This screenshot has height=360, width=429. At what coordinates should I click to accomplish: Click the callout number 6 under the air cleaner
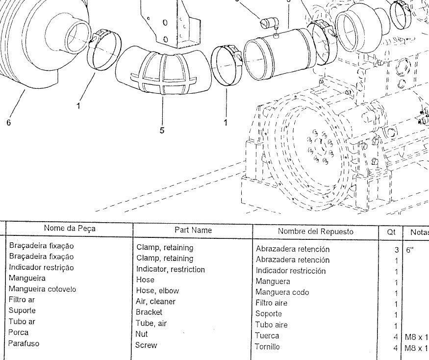click(8, 123)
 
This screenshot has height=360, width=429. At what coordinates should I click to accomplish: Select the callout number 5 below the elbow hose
click(162, 130)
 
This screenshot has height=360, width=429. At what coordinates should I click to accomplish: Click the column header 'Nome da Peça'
click(70, 228)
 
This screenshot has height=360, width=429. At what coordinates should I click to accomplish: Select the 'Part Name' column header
click(193, 230)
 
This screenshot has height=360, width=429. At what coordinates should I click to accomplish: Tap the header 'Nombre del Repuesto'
click(315, 231)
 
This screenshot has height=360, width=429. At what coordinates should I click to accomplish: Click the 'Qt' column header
click(391, 231)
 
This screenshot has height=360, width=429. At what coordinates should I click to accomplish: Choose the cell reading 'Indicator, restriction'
click(170, 269)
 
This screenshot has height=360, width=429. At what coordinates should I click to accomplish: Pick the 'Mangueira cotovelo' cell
click(42, 289)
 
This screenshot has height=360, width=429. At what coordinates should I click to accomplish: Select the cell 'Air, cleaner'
click(155, 302)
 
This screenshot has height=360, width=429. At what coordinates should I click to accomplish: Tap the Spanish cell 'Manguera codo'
click(282, 292)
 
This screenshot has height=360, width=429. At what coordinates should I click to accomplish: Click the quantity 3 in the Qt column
click(396, 250)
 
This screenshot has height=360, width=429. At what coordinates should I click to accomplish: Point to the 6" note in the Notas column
click(410, 249)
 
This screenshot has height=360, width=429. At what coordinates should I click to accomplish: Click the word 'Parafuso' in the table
click(24, 343)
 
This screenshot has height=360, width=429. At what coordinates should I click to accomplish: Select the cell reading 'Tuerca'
click(267, 336)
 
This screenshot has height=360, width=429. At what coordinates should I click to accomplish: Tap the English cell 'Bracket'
click(149, 312)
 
